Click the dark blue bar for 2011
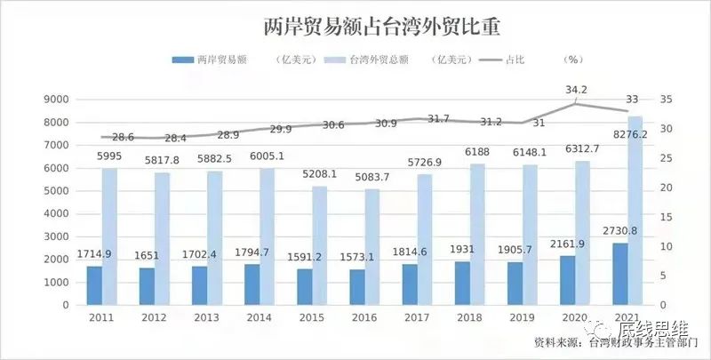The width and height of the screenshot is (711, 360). pyautogui.click(x=94, y=285)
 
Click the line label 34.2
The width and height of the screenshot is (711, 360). pyautogui.click(x=576, y=90)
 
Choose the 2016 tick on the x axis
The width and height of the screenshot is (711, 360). pyautogui.click(x=359, y=317)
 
